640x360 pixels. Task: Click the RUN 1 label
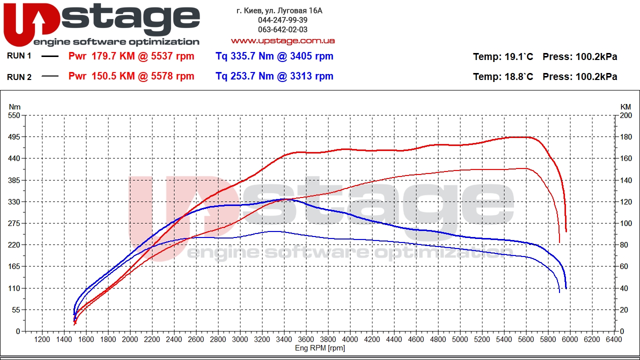tap(19, 56)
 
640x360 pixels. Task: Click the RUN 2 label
tap(19, 77)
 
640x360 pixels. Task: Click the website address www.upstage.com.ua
tap(282, 41)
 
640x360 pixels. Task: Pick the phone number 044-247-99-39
tap(282, 20)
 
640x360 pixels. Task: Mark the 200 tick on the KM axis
tap(626, 115)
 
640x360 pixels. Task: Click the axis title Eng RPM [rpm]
tap(320, 348)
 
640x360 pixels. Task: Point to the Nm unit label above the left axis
tap(15, 107)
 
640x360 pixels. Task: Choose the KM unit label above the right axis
tap(626, 107)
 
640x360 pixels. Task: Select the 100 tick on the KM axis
tap(626, 223)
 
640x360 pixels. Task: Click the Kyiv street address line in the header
tap(279, 10)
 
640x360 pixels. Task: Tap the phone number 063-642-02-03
tap(282, 30)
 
